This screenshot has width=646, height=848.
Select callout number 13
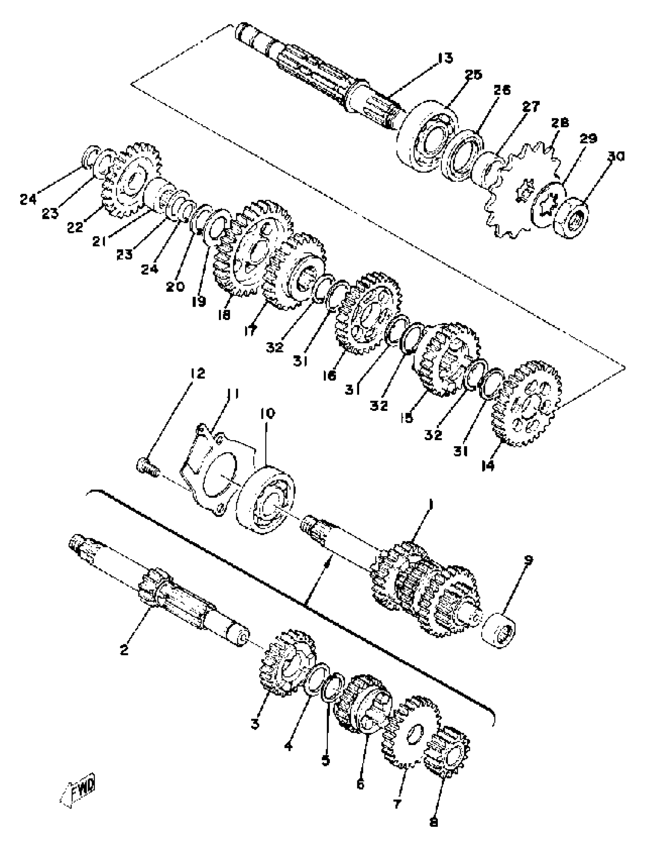click(445, 59)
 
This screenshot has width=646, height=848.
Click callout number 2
click(124, 650)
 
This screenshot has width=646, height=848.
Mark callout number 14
click(488, 466)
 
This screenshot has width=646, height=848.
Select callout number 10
click(268, 414)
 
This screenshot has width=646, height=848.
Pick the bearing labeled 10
click(265, 499)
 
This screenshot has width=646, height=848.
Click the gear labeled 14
click(526, 404)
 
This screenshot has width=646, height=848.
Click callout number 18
click(224, 315)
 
